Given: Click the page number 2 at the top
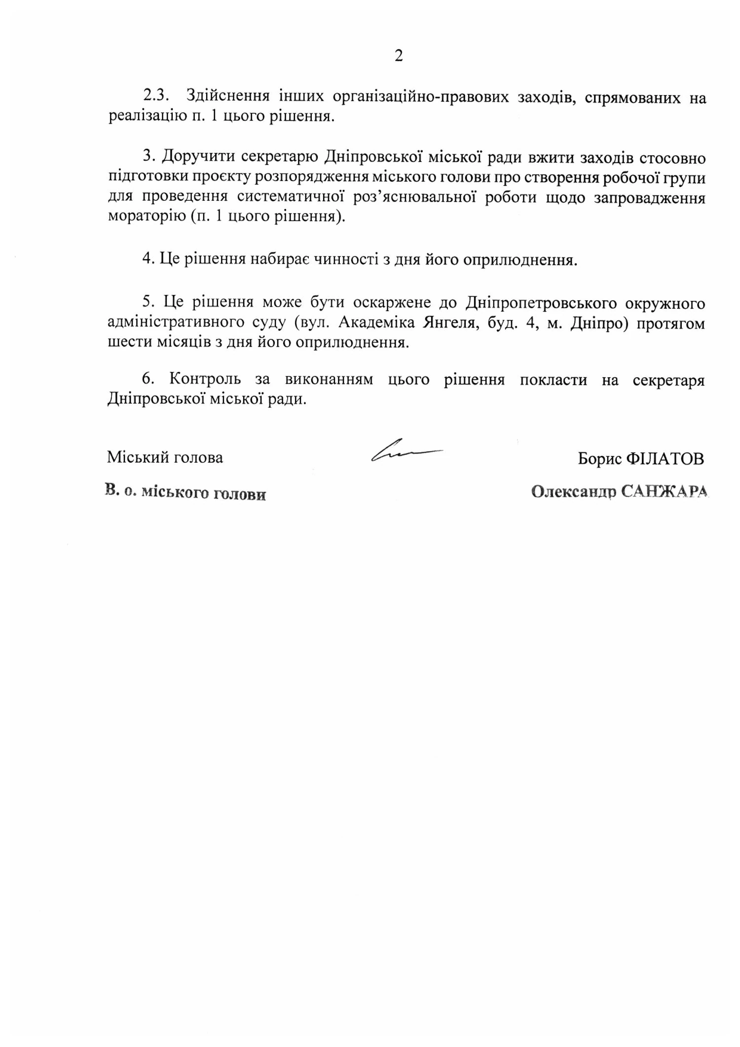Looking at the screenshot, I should [399, 56].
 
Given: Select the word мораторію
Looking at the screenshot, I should [146, 217].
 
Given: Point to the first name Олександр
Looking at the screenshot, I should [574, 492].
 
